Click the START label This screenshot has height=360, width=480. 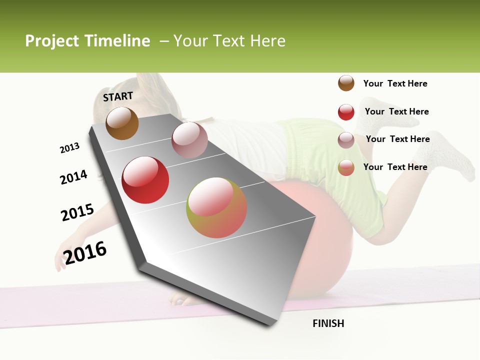pos(118,96)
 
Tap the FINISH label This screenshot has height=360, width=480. pos(328,323)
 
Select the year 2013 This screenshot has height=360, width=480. pos(69,148)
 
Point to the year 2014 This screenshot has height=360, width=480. pos(73,177)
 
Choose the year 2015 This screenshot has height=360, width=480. pos(77,212)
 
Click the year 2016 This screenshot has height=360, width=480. pos(85,252)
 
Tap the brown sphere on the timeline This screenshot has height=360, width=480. pos(122,123)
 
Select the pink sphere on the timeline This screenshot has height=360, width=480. pos(189,140)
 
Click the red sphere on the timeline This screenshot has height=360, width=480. pos(145,180)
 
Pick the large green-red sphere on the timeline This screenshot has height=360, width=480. pos(216,207)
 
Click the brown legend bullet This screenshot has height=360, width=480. pos(346,83)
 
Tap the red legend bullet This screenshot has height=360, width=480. pos(346,112)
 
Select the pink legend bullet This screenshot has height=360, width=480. pos(346,140)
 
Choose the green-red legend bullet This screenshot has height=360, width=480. pos(346,167)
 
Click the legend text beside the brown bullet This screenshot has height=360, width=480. pos(395,83)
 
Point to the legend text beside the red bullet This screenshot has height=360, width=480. pos(396,111)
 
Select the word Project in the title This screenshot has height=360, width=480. pos(52,41)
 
